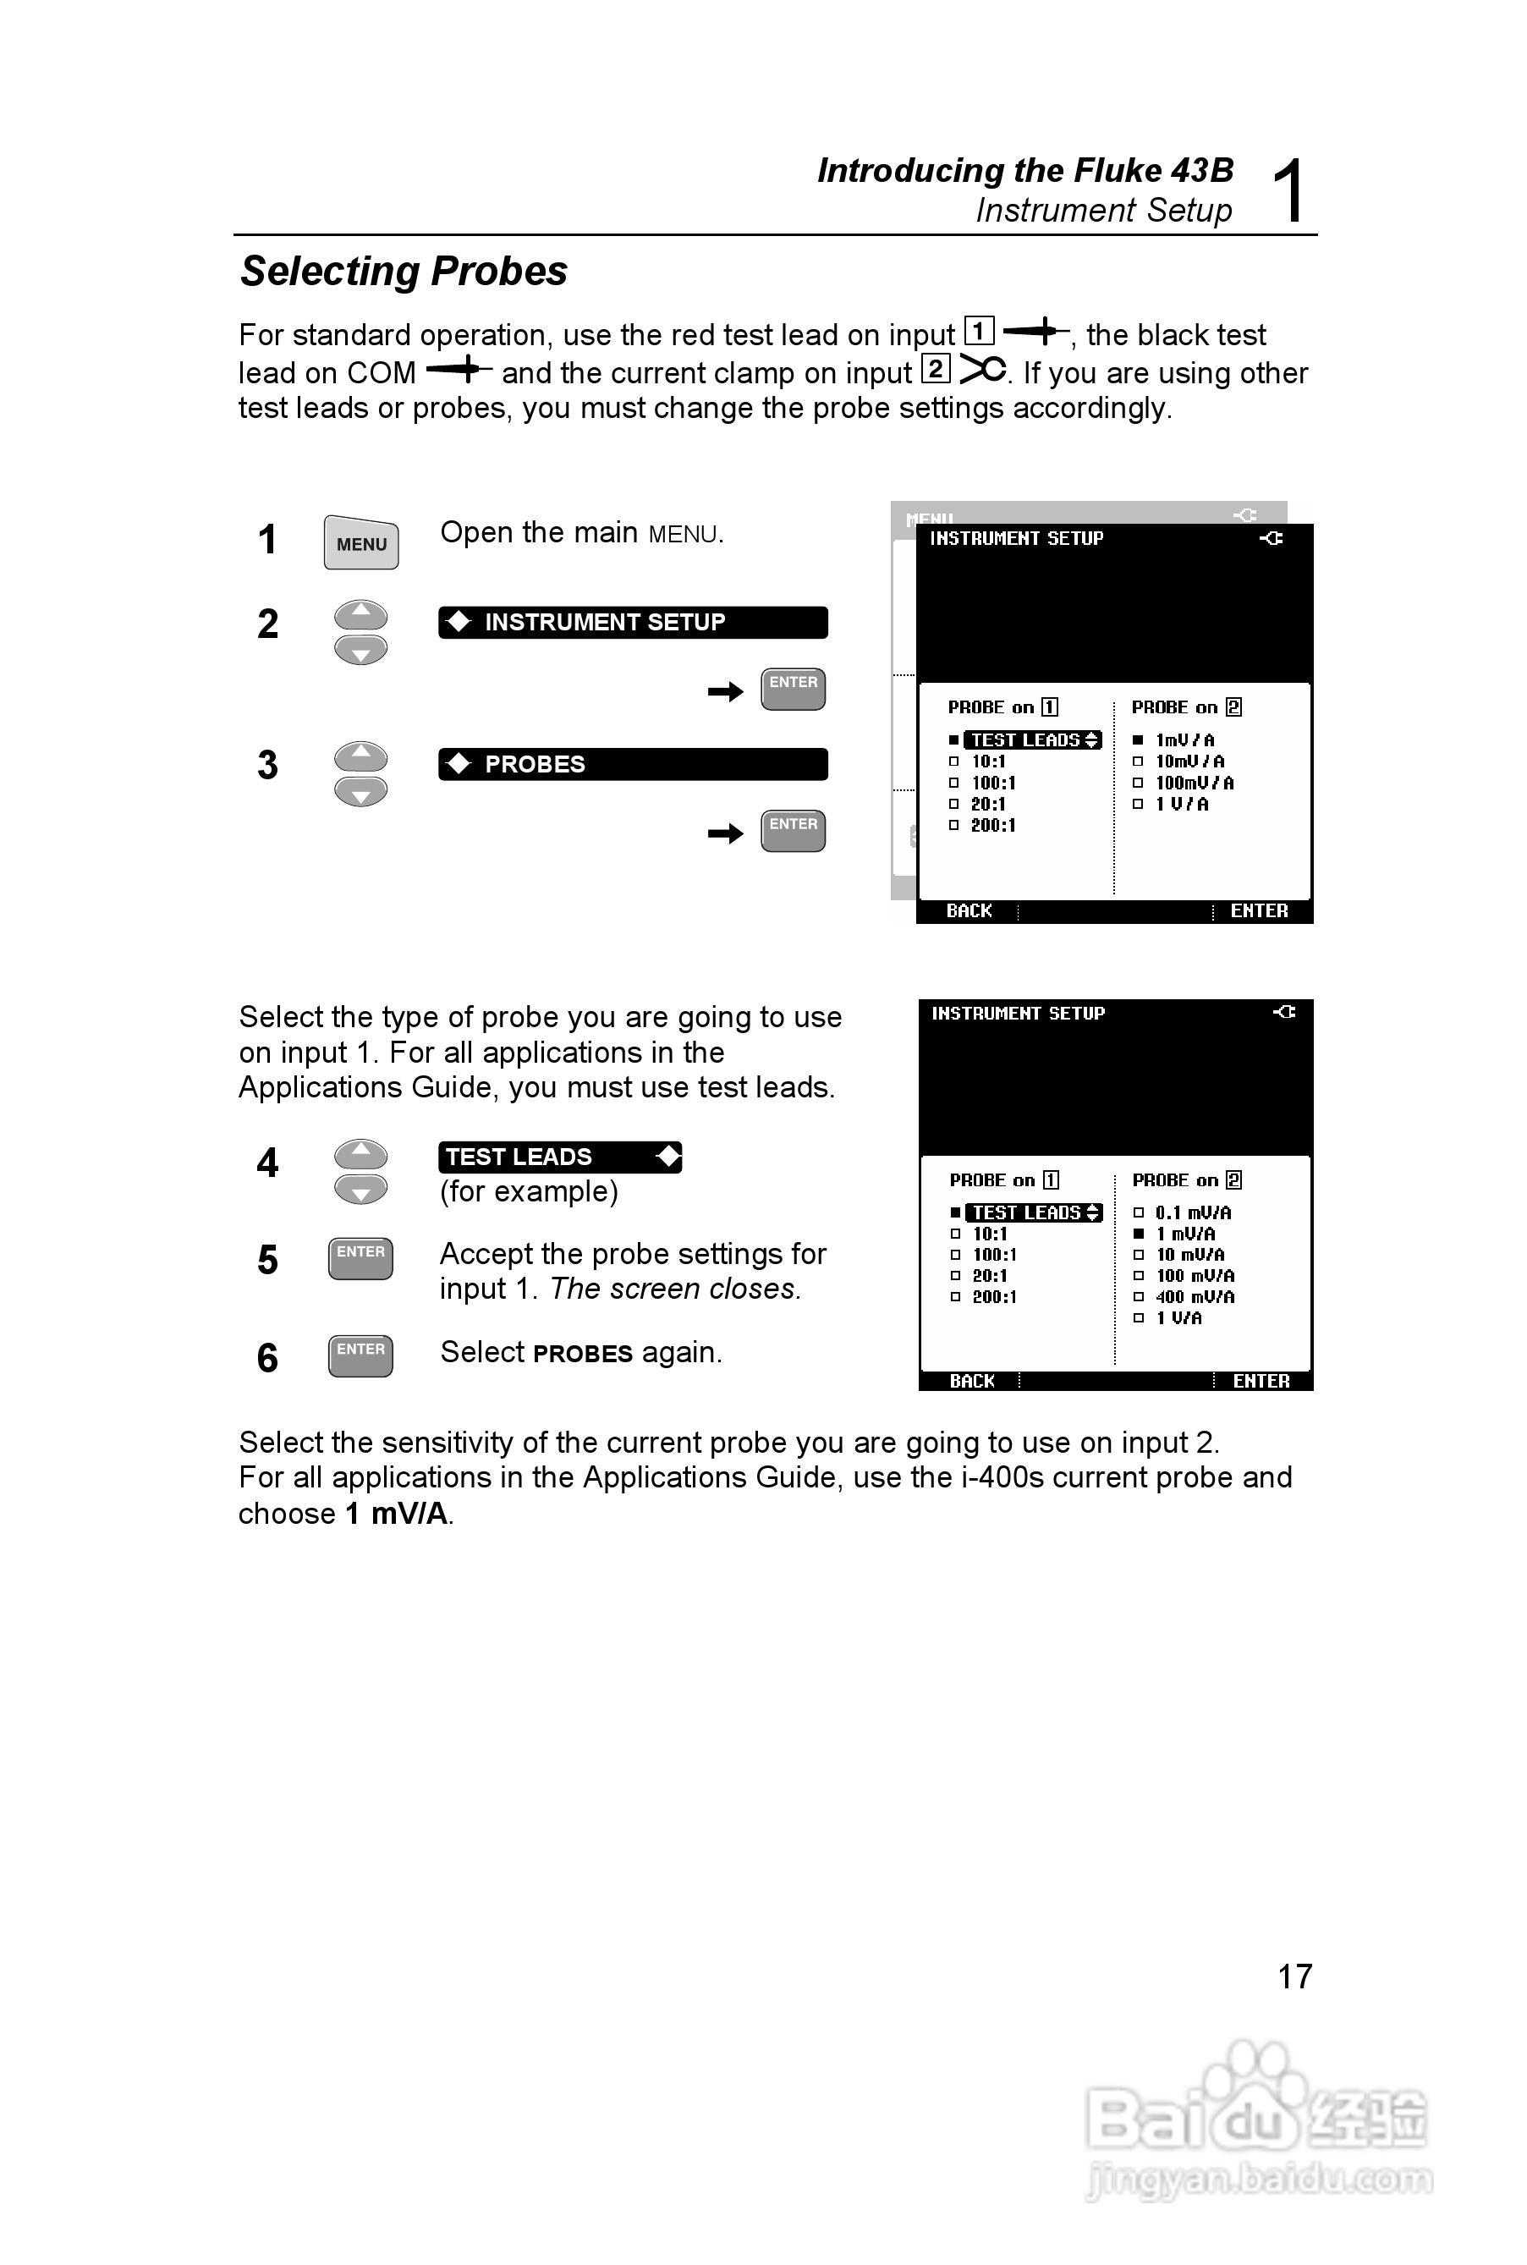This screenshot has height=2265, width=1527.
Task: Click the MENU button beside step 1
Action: pos(360,542)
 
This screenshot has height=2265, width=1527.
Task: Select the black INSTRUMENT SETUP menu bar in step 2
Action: pos(633,622)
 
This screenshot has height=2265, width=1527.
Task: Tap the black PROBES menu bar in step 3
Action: pos(633,764)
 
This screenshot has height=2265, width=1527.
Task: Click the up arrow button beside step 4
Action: pos(360,1154)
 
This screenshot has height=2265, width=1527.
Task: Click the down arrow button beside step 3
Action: pos(360,793)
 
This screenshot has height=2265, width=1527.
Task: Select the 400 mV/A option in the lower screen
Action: pos(1194,1297)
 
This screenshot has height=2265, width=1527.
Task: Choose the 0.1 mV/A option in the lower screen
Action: pos(1192,1212)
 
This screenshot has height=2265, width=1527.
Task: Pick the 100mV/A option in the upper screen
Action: pos(1194,783)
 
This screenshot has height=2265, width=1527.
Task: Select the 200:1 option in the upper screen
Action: pos(992,826)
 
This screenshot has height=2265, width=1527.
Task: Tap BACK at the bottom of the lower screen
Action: pos(972,1381)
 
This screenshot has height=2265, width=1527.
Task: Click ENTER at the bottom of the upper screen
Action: pos(1258,910)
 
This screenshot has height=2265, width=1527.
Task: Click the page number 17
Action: pos(1294,1976)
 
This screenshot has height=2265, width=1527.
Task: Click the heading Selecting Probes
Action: pos(404,271)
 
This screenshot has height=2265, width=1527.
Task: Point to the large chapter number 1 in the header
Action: pos(1289,191)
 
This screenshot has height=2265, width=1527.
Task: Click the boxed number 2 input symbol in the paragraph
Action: pos(935,369)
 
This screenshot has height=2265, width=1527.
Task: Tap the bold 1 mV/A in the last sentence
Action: pos(397,1514)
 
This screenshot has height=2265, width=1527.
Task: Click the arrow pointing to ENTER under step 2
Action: pos(726,691)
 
